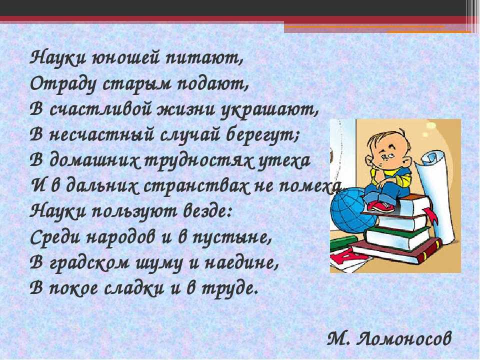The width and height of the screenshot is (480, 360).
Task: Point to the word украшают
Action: pos(269,110)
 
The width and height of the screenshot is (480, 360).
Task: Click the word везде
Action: pos(208,211)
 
